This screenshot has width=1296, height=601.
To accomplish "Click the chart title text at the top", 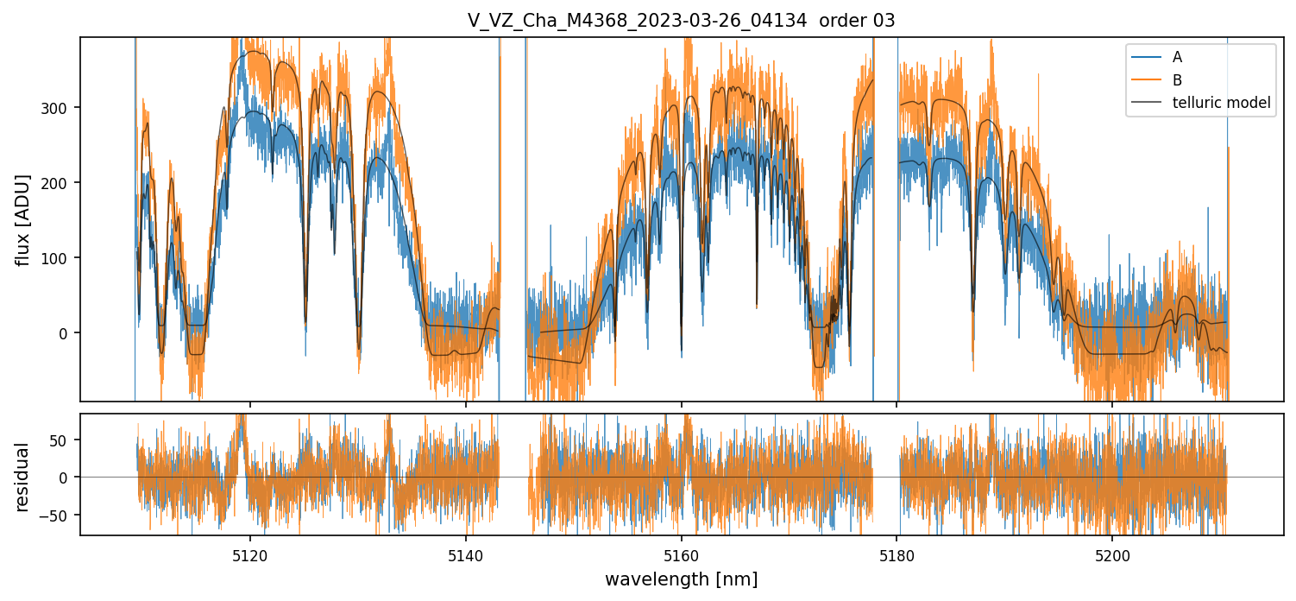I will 681,21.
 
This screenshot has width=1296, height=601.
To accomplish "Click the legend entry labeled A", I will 1177,58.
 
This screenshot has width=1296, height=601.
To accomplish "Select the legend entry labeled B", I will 1177,80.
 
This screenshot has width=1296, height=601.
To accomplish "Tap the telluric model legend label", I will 1221,103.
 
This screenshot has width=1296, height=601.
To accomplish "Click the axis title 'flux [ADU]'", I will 22,219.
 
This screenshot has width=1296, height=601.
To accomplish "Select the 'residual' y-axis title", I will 22,477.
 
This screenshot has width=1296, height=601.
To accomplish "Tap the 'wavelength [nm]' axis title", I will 681,579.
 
